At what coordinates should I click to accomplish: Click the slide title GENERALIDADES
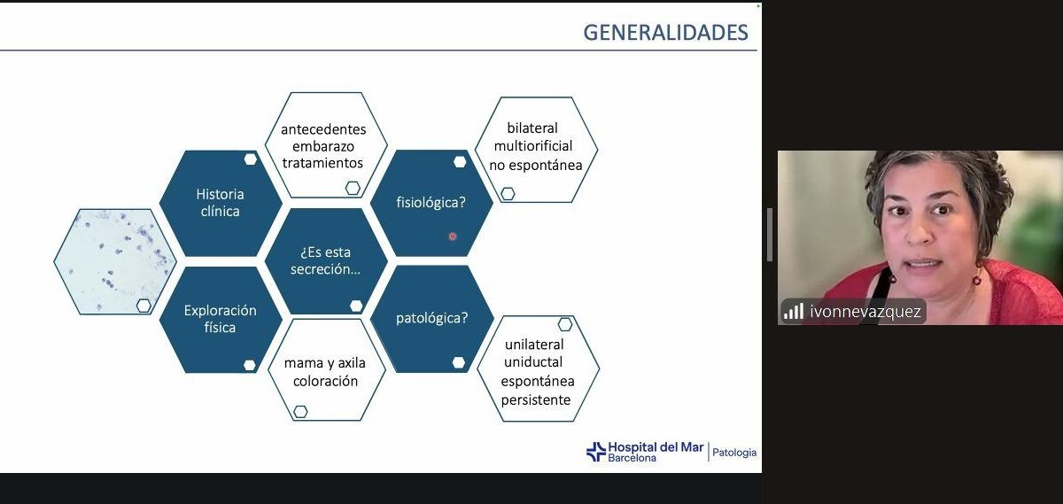tap(665, 32)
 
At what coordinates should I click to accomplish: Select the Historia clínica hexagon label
tap(221, 203)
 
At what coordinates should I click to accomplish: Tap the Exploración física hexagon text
tap(221, 319)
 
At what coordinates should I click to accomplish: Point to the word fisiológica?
tap(431, 203)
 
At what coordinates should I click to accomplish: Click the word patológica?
tap(432, 318)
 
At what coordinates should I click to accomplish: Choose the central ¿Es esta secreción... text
tap(326, 260)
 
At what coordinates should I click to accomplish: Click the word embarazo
tap(323, 146)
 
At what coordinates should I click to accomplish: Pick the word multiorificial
tap(533, 145)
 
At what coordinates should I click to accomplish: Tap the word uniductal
tap(533, 362)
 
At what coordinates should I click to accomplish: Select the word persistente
tap(536, 399)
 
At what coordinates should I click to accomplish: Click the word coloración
tap(325, 381)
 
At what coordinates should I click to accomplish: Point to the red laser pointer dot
tap(453, 236)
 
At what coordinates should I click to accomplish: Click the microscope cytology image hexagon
tap(115, 261)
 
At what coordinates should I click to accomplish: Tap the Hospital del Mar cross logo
tap(596, 452)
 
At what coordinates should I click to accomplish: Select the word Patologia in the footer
tap(734, 453)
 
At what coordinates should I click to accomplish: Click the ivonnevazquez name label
tap(865, 312)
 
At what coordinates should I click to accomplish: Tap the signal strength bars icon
tap(793, 311)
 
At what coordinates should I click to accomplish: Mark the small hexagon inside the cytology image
tap(144, 306)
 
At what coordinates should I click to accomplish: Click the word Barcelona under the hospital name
tap(632, 458)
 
